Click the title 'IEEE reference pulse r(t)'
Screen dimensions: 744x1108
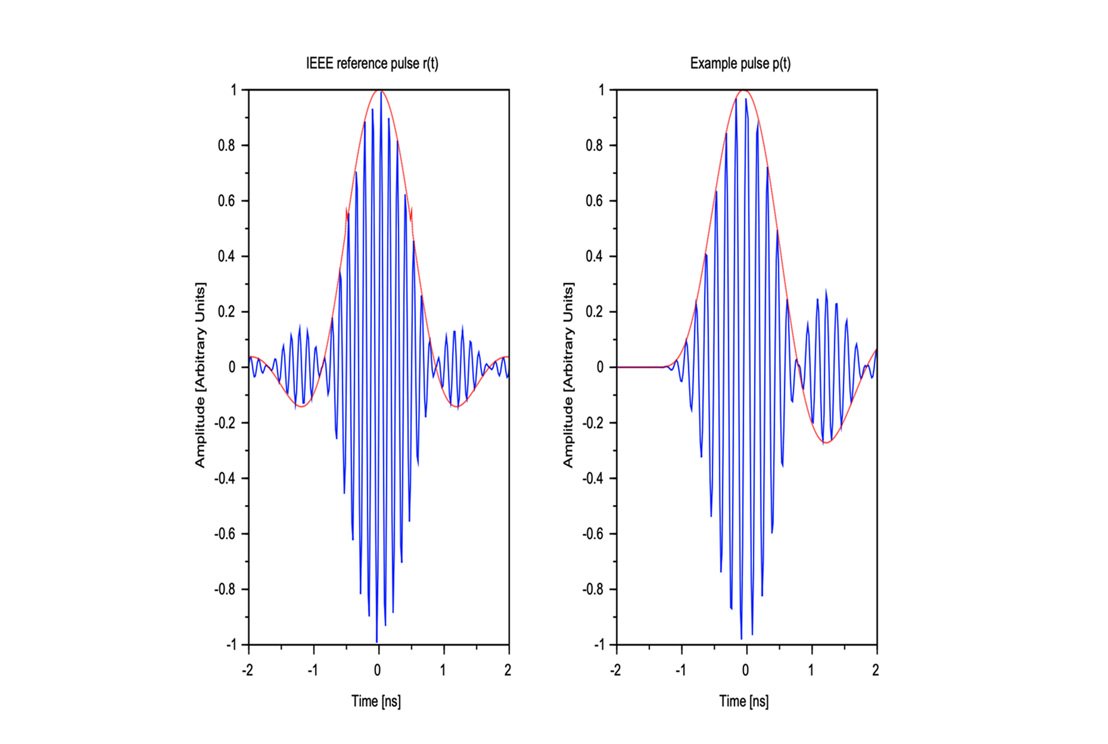click(372, 63)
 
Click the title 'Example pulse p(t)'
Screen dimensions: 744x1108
click(740, 63)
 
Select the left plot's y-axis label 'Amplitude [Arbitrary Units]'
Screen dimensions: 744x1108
click(200, 375)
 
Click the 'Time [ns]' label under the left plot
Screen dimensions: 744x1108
click(376, 701)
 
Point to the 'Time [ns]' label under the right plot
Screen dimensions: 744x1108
click(743, 701)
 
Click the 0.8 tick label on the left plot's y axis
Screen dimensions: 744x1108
click(226, 145)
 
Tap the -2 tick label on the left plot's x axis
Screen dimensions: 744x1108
click(247, 670)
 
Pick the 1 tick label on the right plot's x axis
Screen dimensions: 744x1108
click(811, 670)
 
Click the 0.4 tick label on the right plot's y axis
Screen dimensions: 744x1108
click(594, 256)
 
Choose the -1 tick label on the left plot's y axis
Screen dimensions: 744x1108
click(231, 645)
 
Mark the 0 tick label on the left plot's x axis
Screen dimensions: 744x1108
click(378, 670)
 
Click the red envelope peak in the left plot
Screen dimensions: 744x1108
click(378, 91)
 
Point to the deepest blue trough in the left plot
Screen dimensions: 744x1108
click(376, 641)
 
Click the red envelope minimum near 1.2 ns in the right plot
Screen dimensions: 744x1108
click(827, 442)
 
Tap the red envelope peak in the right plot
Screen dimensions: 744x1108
click(743, 91)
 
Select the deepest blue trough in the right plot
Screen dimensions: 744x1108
click(742, 639)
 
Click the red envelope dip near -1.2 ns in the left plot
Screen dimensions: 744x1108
click(301, 406)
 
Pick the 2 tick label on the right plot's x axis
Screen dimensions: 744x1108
click(875, 670)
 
